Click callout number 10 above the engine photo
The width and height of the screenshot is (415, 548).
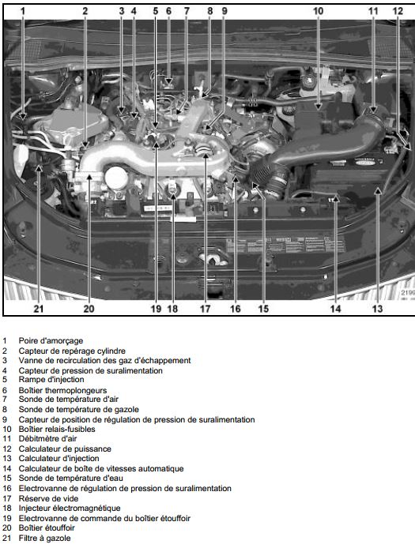click(318, 11)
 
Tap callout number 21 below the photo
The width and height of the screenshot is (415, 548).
click(39, 309)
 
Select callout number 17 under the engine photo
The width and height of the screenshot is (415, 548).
click(205, 309)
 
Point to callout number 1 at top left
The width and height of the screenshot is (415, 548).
click(23, 11)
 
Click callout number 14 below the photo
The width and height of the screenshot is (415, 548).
click(335, 309)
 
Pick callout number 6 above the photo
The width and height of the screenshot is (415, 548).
click(168, 11)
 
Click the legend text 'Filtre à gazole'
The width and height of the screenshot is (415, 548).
click(44, 539)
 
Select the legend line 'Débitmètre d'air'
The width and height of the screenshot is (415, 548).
click(47, 438)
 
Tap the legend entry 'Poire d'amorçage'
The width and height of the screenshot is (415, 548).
click(51, 341)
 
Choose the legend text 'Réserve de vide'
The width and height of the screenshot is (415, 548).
click(48, 498)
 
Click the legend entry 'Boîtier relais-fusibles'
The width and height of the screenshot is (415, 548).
click(57, 429)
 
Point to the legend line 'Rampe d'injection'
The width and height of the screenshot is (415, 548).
click(51, 380)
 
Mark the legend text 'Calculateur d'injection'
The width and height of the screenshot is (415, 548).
click(58, 459)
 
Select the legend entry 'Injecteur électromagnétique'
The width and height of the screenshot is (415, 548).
click(70, 509)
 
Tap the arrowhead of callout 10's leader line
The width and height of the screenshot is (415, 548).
click(318, 107)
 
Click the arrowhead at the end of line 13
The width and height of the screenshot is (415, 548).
click(378, 190)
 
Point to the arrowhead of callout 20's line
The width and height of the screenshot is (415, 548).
click(89, 177)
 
